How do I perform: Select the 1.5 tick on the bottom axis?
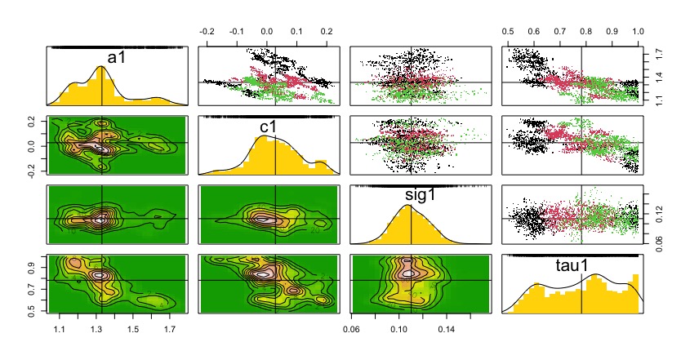tap(133, 329)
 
